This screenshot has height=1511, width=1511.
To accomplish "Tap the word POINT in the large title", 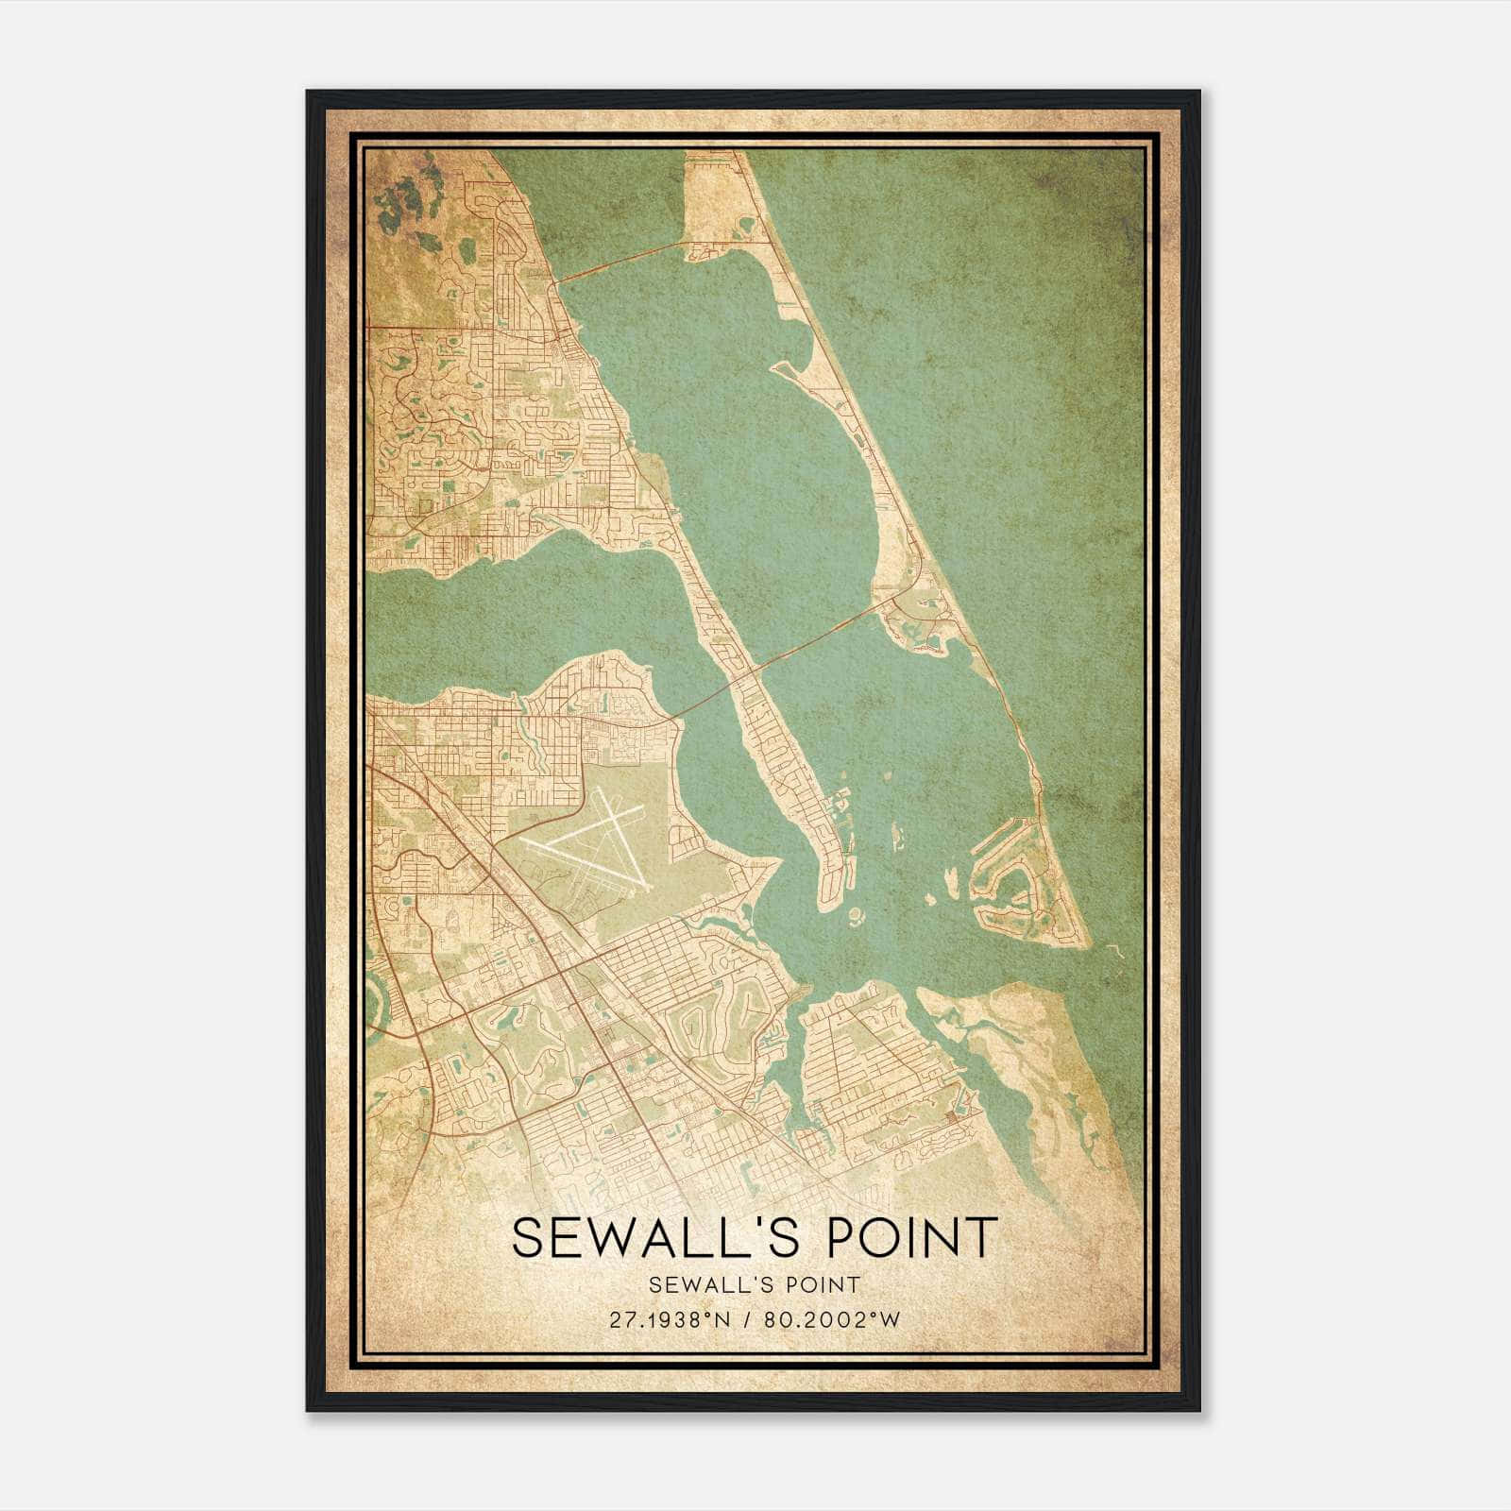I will pyautogui.click(x=912, y=1237).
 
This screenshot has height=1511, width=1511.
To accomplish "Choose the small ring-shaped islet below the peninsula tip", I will pyautogui.click(x=857, y=915).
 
